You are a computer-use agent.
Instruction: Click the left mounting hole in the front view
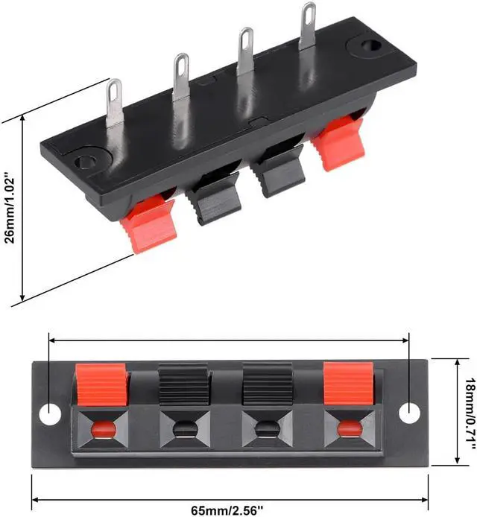(x=49, y=413)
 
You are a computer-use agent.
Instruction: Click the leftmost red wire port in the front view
(x=102, y=428)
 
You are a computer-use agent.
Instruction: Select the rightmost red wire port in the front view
(x=347, y=428)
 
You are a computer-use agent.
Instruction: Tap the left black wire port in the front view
(x=183, y=428)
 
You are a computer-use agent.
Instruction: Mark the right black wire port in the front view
(x=266, y=428)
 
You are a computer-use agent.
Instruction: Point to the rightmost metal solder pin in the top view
(x=307, y=26)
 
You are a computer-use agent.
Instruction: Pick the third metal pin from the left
(x=245, y=51)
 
